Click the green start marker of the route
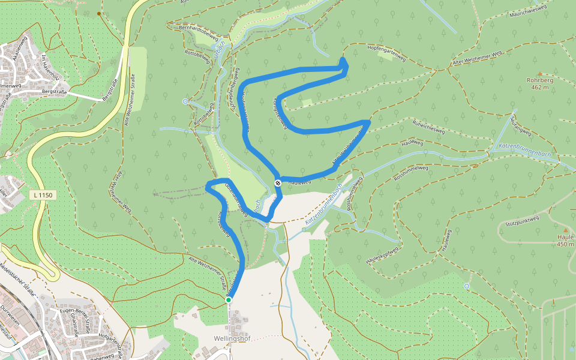click(x=229, y=299)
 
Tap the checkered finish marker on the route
click(x=278, y=183)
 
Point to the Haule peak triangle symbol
click(x=565, y=230)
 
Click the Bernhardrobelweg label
click(x=198, y=32)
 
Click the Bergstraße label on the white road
click(x=53, y=92)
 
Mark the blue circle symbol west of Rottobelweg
click(x=185, y=101)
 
